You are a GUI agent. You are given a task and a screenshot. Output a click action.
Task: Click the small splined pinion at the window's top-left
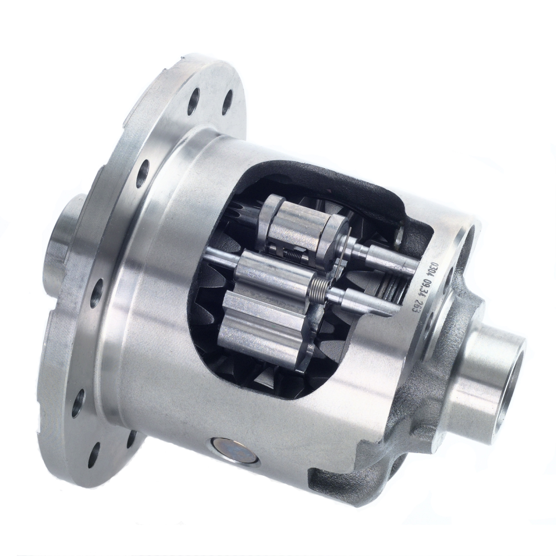236,214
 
